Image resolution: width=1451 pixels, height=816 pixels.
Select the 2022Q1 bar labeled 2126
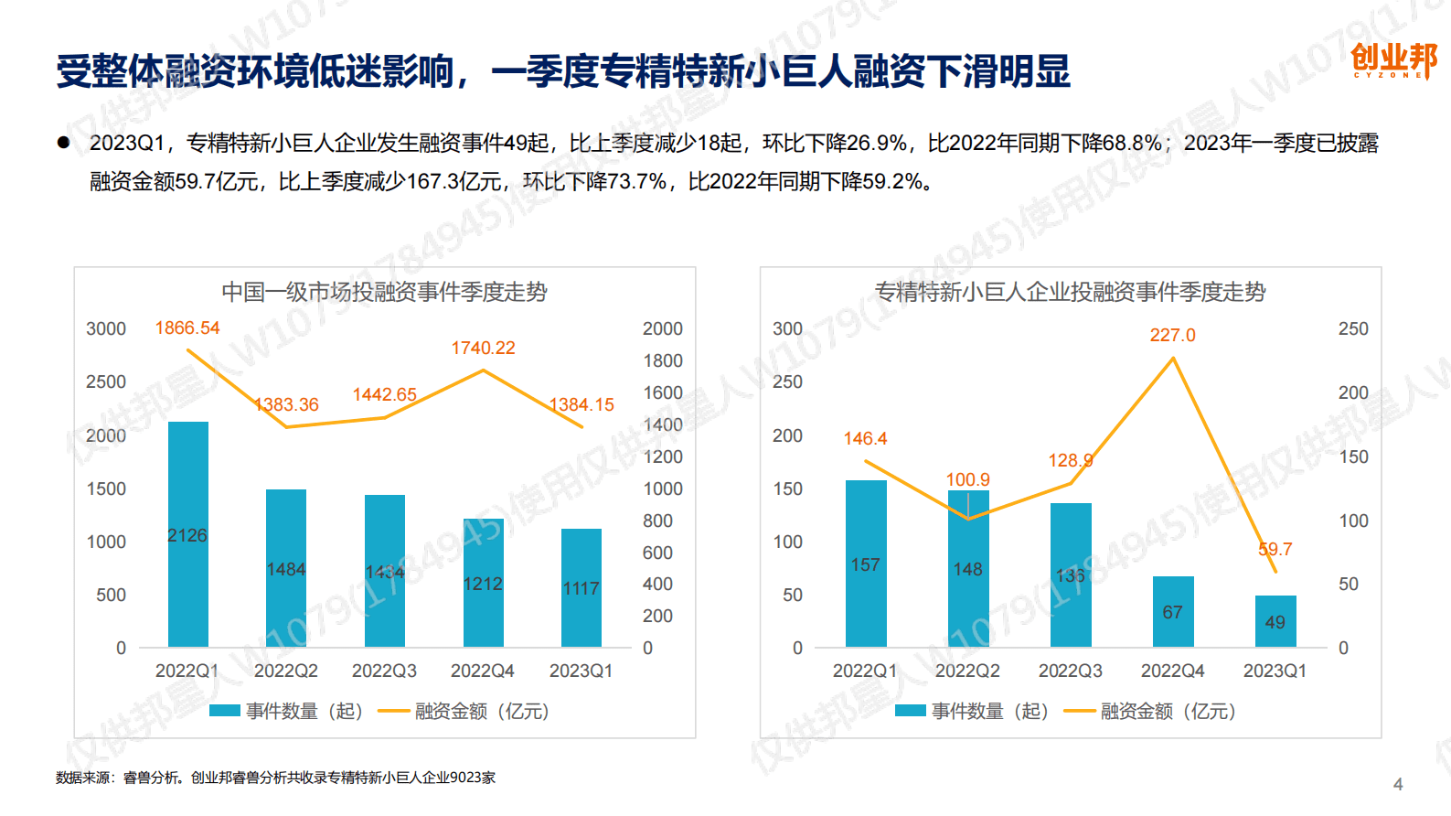(187, 535)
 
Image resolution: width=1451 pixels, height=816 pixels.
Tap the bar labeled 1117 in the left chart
(581, 587)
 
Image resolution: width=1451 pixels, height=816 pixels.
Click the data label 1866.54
(187, 327)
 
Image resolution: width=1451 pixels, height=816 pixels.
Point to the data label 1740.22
(483, 348)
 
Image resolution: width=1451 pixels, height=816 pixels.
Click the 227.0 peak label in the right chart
(1172, 335)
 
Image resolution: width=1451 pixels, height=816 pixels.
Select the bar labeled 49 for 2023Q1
(1275, 622)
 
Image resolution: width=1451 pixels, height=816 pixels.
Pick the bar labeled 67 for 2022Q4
(1172, 611)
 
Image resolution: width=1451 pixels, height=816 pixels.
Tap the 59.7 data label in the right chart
(1275, 549)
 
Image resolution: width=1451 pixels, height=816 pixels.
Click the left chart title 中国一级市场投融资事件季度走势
(384, 292)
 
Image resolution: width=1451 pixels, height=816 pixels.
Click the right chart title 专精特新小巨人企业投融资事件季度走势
(1070, 292)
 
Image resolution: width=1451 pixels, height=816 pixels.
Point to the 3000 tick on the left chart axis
(106, 328)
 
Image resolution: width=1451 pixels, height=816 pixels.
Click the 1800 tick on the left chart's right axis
(662, 360)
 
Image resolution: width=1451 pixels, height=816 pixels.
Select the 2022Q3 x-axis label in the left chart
(384, 671)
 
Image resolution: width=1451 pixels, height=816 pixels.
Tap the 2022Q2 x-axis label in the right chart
(967, 671)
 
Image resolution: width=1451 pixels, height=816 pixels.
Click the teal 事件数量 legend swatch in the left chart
(224, 711)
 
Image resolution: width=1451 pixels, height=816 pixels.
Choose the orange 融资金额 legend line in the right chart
(1079, 711)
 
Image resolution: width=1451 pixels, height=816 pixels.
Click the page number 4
(1397, 784)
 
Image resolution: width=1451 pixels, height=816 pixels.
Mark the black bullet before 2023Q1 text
(63, 142)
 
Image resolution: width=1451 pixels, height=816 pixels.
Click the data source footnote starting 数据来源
(275, 778)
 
